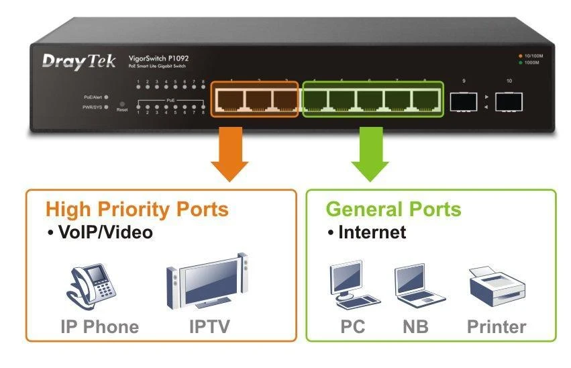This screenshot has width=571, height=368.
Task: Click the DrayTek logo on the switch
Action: [x=79, y=61]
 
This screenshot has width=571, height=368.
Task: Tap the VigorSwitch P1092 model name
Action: [x=158, y=58]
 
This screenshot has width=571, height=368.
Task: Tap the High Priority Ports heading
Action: [x=137, y=209]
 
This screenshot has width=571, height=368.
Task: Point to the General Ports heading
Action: [x=394, y=209]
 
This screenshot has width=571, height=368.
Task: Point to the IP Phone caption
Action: [x=100, y=327]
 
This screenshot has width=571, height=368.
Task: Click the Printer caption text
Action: [x=497, y=327]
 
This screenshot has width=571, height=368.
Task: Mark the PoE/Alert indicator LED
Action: [x=107, y=97]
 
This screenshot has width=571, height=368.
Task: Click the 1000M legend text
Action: [x=530, y=63]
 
